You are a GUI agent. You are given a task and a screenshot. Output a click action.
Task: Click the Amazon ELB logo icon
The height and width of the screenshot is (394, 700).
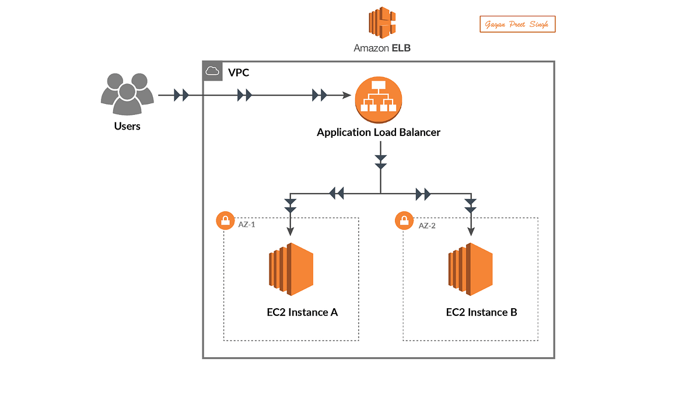[382, 22]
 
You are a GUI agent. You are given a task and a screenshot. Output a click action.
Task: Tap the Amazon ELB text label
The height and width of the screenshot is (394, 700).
[382, 48]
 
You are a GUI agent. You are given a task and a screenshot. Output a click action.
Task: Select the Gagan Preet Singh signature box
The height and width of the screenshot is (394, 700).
[517, 25]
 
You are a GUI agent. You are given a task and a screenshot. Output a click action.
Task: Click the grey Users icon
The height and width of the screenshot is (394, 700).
[127, 93]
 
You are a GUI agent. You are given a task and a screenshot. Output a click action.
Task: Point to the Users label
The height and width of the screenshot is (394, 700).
[127, 125]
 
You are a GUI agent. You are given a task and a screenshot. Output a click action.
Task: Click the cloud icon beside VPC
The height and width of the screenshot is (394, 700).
[213, 71]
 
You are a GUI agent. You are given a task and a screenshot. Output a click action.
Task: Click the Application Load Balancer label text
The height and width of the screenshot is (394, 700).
[378, 133]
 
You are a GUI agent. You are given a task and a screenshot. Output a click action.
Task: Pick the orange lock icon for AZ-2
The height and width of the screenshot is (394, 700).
[404, 221]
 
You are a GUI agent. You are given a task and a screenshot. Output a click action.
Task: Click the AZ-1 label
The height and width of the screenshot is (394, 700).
[247, 224]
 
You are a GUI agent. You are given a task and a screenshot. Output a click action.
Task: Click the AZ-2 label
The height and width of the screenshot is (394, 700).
[427, 225]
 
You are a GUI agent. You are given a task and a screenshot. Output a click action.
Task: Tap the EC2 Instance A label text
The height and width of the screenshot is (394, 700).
[302, 312]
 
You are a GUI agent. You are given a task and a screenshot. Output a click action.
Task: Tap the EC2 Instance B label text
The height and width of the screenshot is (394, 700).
[481, 312]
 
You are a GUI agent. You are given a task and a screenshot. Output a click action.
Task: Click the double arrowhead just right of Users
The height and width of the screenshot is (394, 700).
[181, 95]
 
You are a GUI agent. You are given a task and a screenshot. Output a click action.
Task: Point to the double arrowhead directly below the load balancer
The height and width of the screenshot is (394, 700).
[380, 162]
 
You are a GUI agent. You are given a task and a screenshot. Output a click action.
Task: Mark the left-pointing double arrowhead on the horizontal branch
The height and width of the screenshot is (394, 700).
[336, 193]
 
